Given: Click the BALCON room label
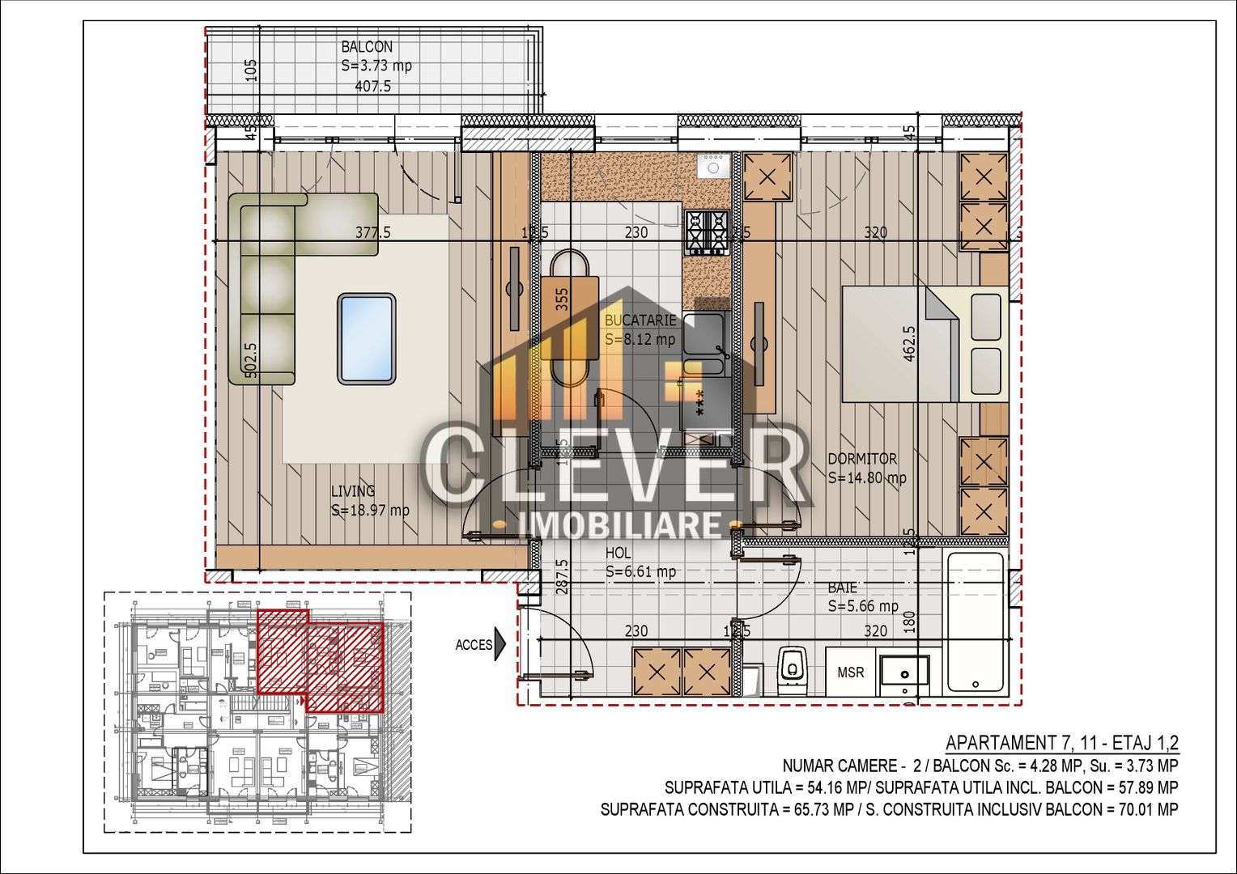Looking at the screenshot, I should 367,48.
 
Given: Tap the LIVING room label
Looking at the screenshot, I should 353,491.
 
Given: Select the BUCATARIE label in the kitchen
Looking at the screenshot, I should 640,320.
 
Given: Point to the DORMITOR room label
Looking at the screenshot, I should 862,459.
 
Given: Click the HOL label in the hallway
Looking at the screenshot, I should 618,554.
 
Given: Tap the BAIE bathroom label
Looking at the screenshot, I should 842,588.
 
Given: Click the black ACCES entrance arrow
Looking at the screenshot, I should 499,645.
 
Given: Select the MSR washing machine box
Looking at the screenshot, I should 850,672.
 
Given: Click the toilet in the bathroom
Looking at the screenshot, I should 791,668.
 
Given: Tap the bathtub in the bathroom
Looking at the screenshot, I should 976,622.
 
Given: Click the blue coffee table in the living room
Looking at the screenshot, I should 367,338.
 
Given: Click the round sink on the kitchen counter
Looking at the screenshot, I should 713,168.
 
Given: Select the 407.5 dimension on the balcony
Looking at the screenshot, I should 373,86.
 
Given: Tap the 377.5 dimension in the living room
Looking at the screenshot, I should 372,233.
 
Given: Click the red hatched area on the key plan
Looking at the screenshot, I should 320,660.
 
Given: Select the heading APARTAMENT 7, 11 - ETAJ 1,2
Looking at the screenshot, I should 1061,743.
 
